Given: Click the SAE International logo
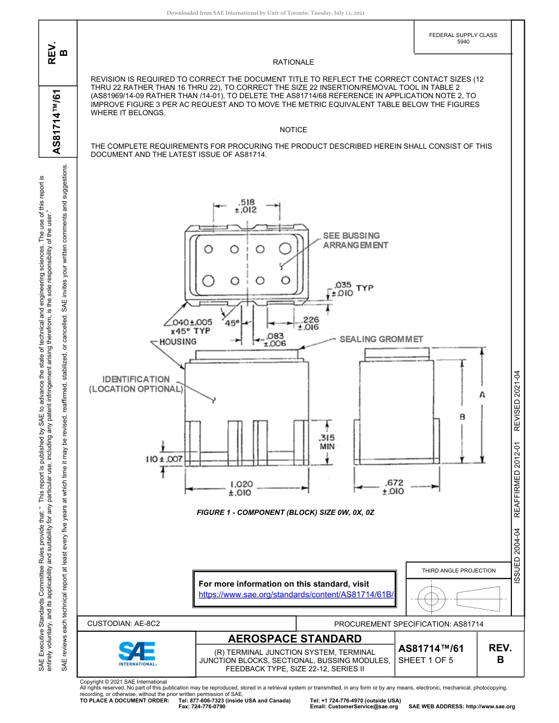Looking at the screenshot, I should (137, 652).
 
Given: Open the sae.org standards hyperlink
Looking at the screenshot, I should (296, 594).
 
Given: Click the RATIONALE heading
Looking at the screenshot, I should (293, 62).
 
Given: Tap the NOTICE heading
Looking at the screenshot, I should (293, 129).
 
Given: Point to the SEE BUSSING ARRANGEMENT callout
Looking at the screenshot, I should (355, 240).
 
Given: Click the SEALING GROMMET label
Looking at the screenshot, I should (381, 339).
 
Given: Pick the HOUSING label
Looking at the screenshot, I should (177, 342).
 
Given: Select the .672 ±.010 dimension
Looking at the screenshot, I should (394, 487).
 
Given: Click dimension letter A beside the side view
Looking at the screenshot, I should (482, 394).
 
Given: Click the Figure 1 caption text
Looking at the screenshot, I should (285, 513).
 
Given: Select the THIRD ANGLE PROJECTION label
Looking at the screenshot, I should (458, 570).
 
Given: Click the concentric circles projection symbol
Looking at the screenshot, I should (431, 599).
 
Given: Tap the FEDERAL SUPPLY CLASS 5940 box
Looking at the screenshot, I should (462, 38).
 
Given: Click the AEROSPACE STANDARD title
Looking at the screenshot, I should (295, 639).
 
